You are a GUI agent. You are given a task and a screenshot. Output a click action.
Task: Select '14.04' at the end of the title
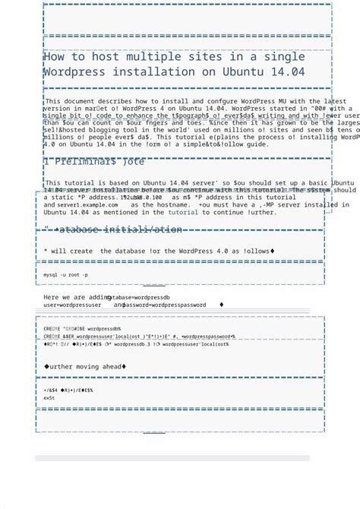[x=286, y=72]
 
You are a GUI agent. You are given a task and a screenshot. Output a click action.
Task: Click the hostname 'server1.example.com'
[x=87, y=205]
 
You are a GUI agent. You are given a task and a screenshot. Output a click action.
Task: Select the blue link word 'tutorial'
[x=183, y=213]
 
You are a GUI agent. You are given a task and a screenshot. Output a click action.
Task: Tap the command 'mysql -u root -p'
[x=65, y=274]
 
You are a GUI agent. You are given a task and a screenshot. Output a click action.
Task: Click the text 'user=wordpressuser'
[x=73, y=305]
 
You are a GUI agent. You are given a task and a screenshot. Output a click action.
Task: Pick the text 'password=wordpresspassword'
[x=159, y=305]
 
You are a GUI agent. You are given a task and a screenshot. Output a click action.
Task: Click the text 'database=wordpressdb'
[x=138, y=298]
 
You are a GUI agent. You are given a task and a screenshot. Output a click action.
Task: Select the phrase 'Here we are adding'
[x=77, y=298]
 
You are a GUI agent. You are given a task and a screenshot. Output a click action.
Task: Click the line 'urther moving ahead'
[x=87, y=367]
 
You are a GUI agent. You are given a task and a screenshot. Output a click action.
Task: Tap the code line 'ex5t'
[x=49, y=398]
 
